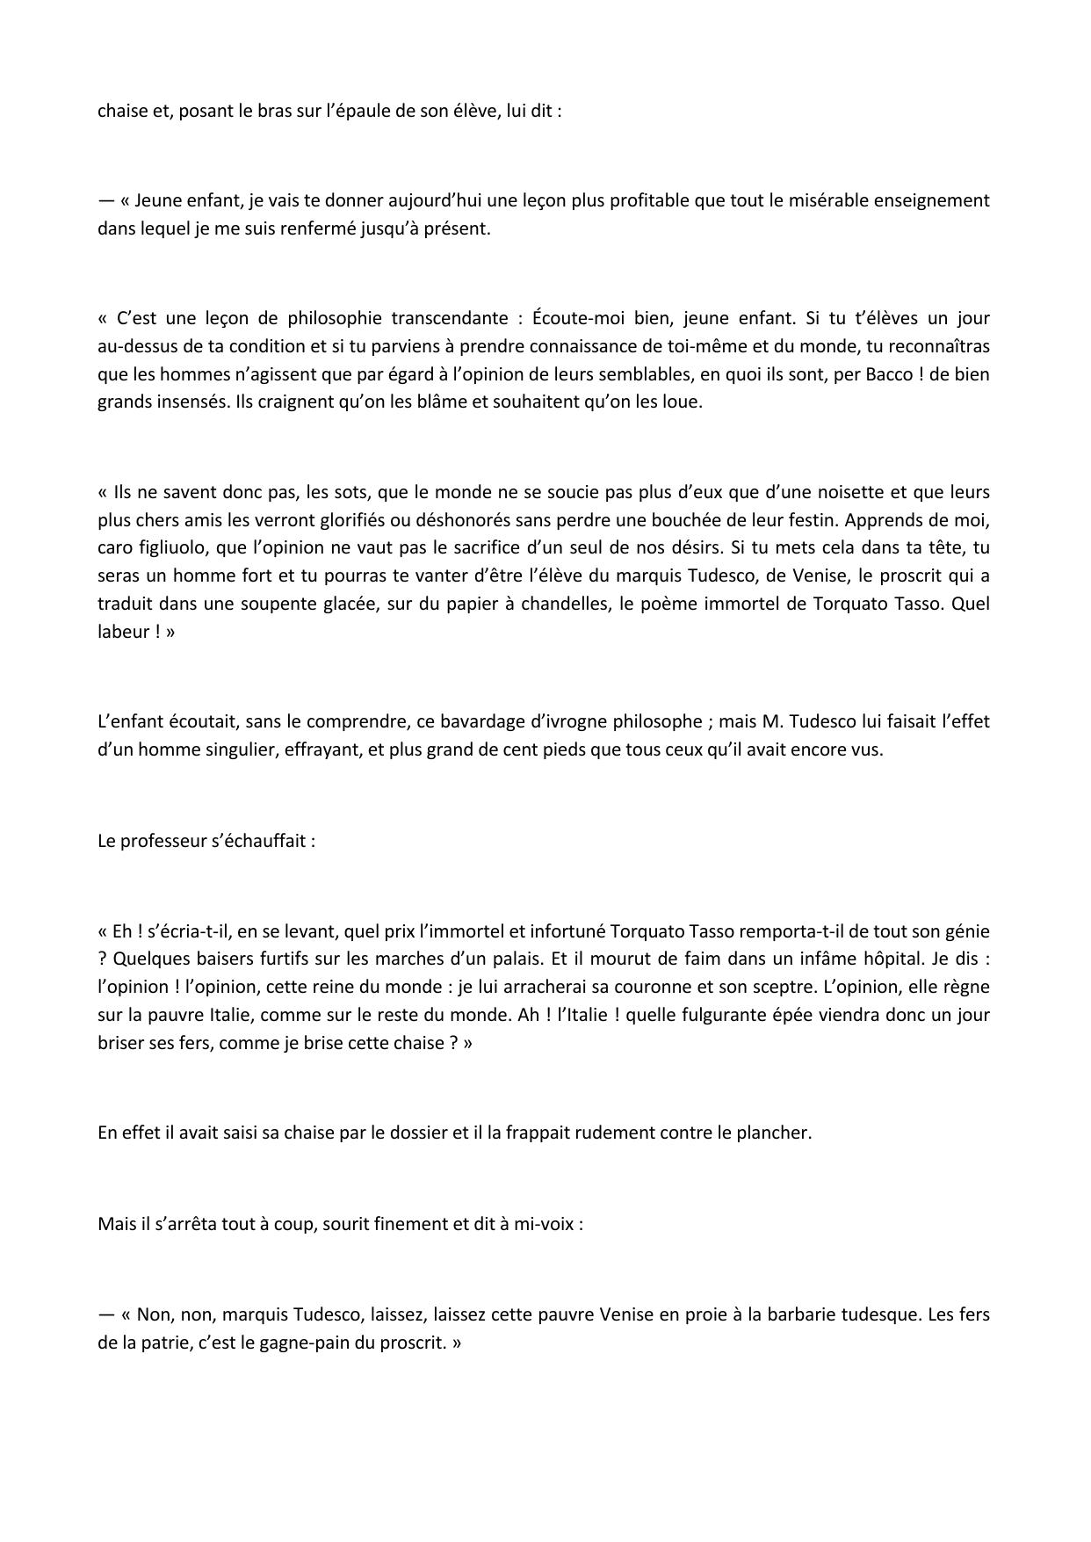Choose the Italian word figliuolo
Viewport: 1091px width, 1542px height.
point(179,547)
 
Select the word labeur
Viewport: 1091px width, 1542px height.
point(125,632)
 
